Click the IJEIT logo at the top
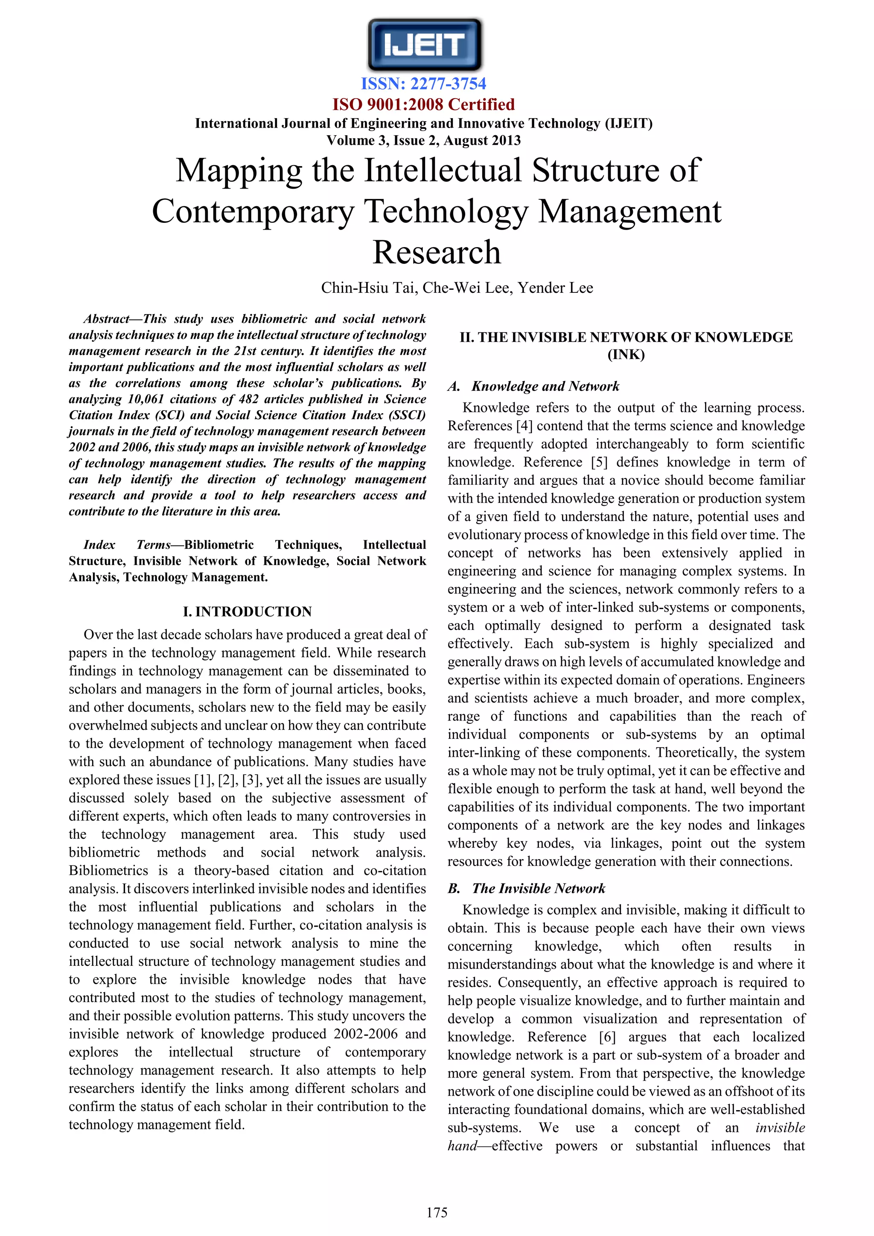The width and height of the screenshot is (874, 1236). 425,45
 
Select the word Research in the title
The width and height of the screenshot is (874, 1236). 437,253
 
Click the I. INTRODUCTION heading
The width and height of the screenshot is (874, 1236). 247,612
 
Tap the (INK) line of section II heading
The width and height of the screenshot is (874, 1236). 626,355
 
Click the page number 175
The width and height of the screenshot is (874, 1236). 437,1213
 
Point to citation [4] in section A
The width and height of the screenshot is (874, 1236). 524,426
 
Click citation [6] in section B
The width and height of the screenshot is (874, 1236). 607,1038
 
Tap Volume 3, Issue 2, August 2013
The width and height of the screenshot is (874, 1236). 423,140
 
